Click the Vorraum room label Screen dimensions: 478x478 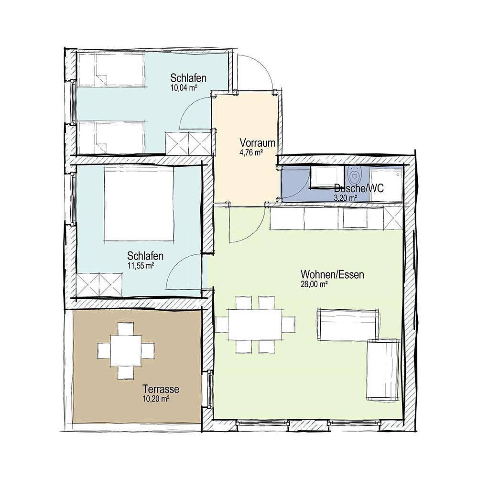(257, 142)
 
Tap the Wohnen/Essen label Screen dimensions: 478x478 (332, 275)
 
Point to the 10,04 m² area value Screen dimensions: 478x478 (184, 87)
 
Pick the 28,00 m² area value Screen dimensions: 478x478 (314, 284)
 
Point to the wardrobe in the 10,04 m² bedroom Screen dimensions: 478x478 (188, 142)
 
